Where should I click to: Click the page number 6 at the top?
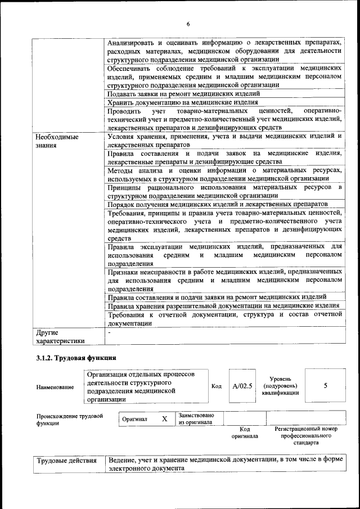pyautogui.click(x=188, y=24)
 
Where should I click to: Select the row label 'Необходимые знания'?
pyautogui.click(x=57, y=141)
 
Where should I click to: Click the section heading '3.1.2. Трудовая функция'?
pyautogui.click(x=76, y=358)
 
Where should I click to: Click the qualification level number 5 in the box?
pyautogui.click(x=326, y=386)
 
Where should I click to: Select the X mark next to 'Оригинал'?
pyautogui.click(x=164, y=420)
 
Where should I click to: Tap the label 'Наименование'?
pyautogui.click(x=55, y=387)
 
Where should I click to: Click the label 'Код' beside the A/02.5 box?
pyautogui.click(x=217, y=386)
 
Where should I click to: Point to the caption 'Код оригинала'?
pyautogui.click(x=244, y=433)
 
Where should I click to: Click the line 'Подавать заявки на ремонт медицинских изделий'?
pyautogui.click(x=184, y=94)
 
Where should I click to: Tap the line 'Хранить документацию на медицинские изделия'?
pyautogui.click(x=183, y=102)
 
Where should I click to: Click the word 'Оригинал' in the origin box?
pyautogui.click(x=135, y=420)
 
